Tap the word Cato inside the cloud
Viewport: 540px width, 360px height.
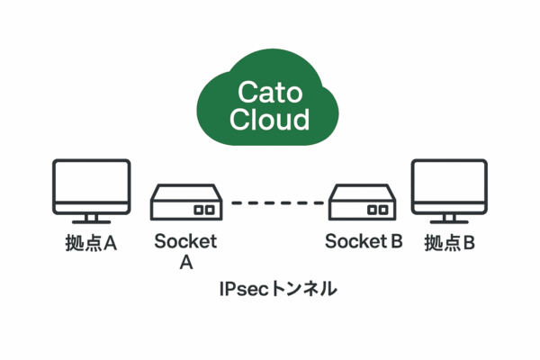pyautogui.click(x=270, y=93)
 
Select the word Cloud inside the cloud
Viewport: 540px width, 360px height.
pyautogui.click(x=269, y=119)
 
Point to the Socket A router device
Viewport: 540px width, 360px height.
pyautogui.click(x=186, y=202)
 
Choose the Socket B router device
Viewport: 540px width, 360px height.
pyautogui.click(x=363, y=202)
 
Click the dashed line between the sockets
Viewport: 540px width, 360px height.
pyautogui.click(x=277, y=202)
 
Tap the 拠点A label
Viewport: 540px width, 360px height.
pyautogui.click(x=91, y=243)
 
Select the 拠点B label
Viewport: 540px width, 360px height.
pyautogui.click(x=450, y=243)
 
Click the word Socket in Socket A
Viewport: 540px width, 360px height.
pyautogui.click(x=185, y=241)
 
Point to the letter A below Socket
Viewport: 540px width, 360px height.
pyautogui.click(x=186, y=263)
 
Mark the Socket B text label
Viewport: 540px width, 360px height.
pyautogui.click(x=364, y=241)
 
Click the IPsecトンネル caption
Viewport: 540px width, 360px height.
pyautogui.click(x=278, y=289)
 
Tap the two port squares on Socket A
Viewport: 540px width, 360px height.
pyautogui.click(x=204, y=210)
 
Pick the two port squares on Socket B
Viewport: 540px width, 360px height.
pyautogui.click(x=378, y=210)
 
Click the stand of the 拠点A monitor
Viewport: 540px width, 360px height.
pyautogui.click(x=91, y=219)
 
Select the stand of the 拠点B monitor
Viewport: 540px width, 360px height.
pyautogui.click(x=449, y=219)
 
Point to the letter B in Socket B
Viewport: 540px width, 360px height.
pyautogui.click(x=397, y=241)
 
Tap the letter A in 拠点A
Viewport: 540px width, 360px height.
pyautogui.click(x=110, y=243)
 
